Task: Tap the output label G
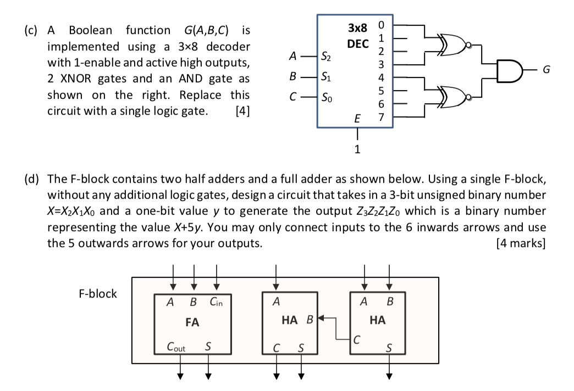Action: pos(546,70)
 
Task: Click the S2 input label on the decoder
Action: pos(326,57)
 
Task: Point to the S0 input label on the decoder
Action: pos(327,98)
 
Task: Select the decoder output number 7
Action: pos(381,117)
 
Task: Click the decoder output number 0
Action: pos(381,25)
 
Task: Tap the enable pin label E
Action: pos(357,119)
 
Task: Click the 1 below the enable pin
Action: pos(357,149)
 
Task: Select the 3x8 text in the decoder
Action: pos(357,28)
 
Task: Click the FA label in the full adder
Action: pos(192,322)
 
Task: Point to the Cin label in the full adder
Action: pos(216,302)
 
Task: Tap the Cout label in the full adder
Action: pos(176,347)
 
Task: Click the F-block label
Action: pos(98,293)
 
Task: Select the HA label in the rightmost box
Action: pos(377,320)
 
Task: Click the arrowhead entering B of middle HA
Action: pos(321,318)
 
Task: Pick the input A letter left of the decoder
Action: pos(292,56)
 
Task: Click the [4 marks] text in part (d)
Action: pos(521,243)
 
